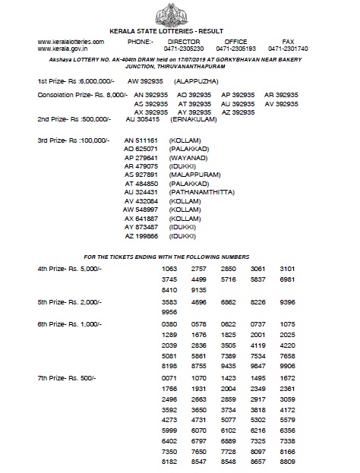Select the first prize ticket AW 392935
coord(144,80)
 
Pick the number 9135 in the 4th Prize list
coord(198,289)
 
